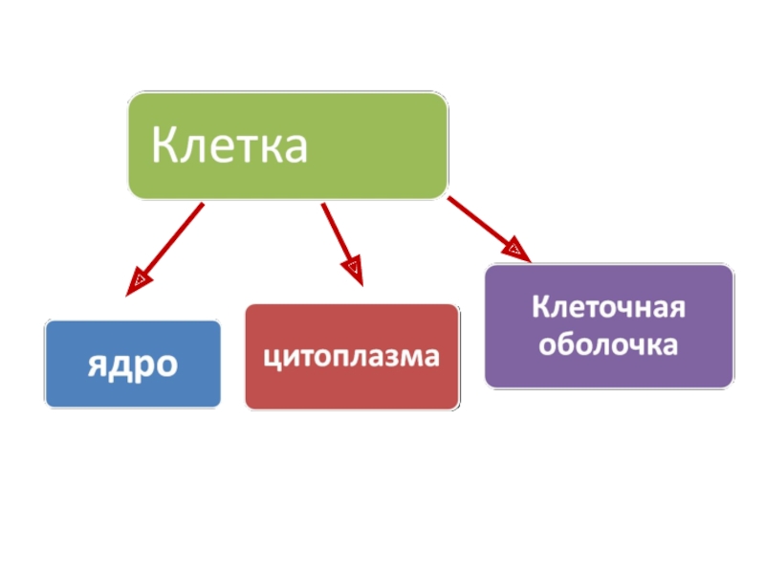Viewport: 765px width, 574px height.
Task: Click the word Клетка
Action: tap(229, 147)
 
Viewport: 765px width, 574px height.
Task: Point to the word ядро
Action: tap(133, 364)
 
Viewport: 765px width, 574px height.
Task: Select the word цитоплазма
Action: tap(352, 357)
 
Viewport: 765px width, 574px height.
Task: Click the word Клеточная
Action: tap(609, 309)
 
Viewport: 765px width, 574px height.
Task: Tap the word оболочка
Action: tap(609, 343)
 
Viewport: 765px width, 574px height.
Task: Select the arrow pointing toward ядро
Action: tap(167, 244)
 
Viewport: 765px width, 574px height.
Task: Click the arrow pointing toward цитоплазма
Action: tap(341, 242)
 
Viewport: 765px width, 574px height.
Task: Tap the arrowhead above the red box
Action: tap(354, 272)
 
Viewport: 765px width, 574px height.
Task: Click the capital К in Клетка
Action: tap(164, 147)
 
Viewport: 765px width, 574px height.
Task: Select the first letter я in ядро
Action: tap(98, 364)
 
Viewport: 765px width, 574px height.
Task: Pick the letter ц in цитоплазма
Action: tap(271, 358)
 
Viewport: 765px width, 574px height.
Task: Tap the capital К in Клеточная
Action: tap(541, 309)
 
